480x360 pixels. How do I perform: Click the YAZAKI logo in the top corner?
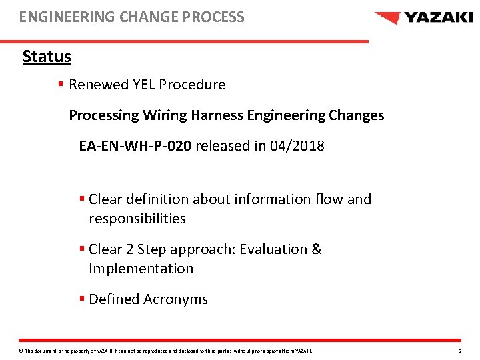423,18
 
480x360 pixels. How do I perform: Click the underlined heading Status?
47,57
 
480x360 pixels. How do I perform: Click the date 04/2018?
297,145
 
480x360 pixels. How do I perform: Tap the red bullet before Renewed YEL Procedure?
61,85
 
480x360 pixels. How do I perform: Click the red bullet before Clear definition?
81,199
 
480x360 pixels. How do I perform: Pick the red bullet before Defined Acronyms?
81,299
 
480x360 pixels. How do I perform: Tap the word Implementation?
141,269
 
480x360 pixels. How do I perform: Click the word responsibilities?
137,219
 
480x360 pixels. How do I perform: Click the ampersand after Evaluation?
316,249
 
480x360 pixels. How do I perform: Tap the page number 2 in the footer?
460,351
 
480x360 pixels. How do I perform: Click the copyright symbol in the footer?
21,351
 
